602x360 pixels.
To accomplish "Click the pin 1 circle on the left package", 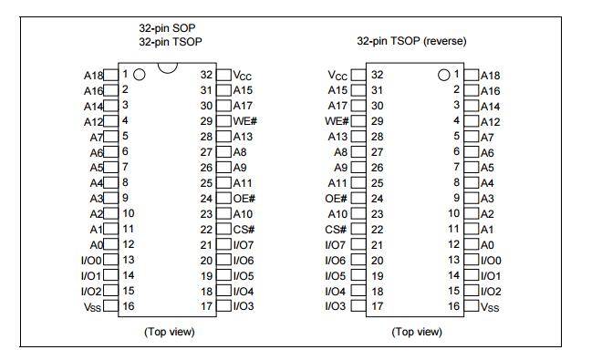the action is pos(140,74).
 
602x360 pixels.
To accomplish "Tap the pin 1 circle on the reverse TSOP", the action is pos(444,74).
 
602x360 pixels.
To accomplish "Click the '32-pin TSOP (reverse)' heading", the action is pos(413,42).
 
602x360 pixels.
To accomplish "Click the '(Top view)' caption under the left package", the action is pos(170,332).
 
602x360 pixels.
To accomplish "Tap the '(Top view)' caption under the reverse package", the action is pos(417,332).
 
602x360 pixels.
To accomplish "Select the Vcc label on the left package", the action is pos(243,75).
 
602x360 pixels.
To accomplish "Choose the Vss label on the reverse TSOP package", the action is pos(492,307).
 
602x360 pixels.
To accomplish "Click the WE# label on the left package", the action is pos(244,121).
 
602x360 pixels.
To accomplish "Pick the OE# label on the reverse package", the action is pos(337,199).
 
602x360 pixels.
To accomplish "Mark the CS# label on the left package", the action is pos(244,230).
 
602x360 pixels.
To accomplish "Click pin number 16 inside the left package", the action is pos(129,307).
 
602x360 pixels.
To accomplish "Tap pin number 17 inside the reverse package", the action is pos(377,307).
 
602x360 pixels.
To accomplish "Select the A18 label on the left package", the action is pos(93,75).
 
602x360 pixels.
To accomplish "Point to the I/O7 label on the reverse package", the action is pos(336,245).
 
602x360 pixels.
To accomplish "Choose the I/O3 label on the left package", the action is pos(244,307).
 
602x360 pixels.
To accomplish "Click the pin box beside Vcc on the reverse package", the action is pos(358,75).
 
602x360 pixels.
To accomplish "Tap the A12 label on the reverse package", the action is pos(491,121).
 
